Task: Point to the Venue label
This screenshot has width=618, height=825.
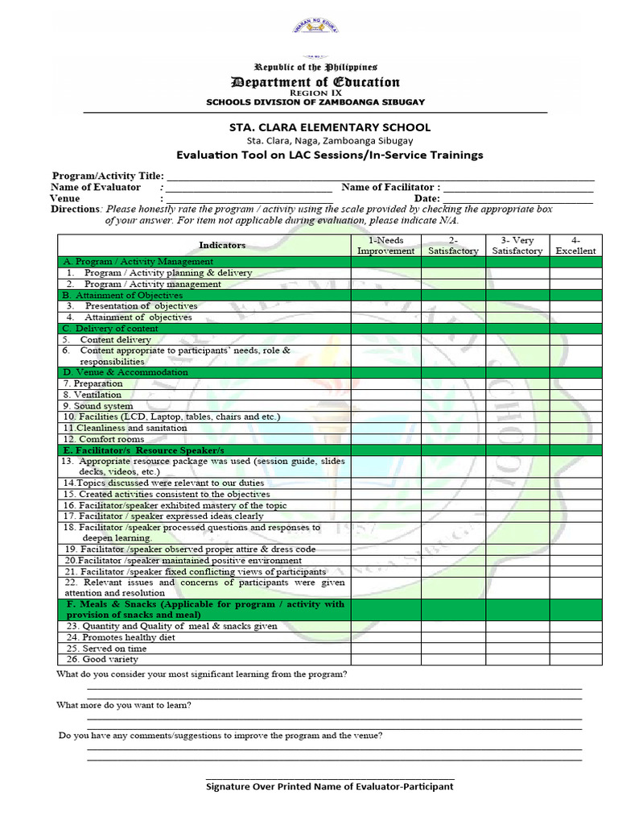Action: (x=65, y=198)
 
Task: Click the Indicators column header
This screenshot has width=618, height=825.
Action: (x=222, y=245)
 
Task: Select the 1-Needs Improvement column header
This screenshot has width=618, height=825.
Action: (x=385, y=245)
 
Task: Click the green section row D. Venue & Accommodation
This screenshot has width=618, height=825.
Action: (x=204, y=372)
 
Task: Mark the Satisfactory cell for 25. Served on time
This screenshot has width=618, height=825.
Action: (x=452, y=648)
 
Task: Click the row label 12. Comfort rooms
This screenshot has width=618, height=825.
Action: (x=104, y=439)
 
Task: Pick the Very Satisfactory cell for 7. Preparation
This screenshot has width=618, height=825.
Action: (x=517, y=383)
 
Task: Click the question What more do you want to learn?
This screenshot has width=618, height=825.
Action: (x=124, y=705)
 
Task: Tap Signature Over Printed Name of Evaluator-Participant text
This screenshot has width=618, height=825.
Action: (x=330, y=786)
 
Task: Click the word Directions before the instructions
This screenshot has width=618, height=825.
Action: (x=76, y=209)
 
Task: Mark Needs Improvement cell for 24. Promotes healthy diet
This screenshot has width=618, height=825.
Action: (x=385, y=636)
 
